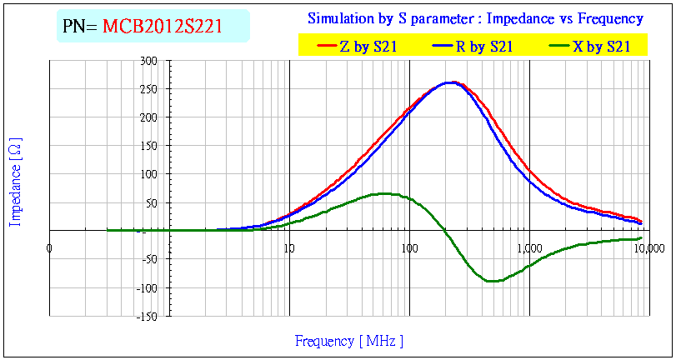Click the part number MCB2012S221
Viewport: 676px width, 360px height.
[163, 27]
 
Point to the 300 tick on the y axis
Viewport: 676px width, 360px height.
[149, 62]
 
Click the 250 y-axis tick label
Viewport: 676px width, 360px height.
[149, 90]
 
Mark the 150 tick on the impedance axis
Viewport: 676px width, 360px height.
[149, 147]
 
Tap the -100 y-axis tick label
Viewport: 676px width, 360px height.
[147, 288]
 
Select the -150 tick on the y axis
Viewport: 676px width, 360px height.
[147, 317]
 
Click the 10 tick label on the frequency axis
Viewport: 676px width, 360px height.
[288, 247]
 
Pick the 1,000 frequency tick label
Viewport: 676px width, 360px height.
[529, 247]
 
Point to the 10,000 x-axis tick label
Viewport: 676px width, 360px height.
[650, 247]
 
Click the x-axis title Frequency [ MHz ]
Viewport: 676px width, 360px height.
[349, 341]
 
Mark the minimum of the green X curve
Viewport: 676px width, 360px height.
[492, 281]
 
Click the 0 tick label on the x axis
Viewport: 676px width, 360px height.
[50, 247]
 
